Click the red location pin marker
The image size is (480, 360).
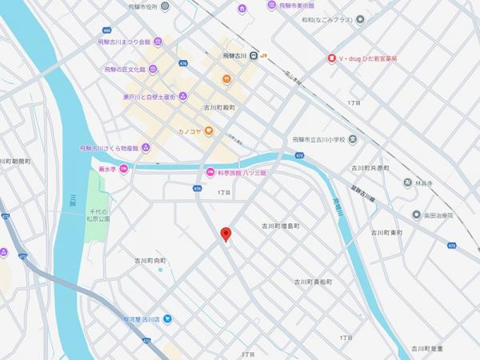click(226, 234)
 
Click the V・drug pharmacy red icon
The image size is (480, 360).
click(331, 59)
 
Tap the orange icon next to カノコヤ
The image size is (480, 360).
click(209, 130)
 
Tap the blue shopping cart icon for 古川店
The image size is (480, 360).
click(168, 318)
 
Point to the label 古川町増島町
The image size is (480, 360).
click(280, 226)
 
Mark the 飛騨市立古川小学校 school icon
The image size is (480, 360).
click(353, 140)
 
